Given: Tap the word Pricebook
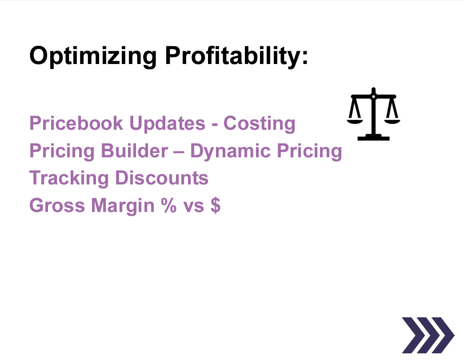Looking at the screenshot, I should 76,123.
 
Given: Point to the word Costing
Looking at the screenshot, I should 259,123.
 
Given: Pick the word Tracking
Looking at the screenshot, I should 69,178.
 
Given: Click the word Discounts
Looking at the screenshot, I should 162,178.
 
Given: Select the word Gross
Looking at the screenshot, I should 56,205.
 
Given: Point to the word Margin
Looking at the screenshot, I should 120,205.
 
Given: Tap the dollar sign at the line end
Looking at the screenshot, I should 215,205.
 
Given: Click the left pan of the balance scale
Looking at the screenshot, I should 354,119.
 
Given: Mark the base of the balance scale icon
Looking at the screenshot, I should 373,138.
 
